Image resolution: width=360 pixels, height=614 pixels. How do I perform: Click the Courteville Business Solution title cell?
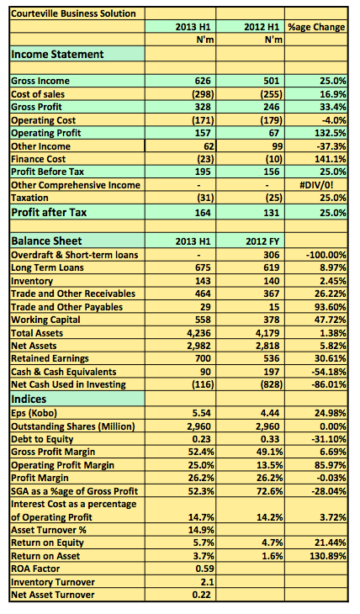tap(73, 13)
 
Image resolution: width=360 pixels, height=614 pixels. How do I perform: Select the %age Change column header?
tap(316, 27)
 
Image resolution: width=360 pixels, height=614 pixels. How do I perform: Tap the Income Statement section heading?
tap(57, 54)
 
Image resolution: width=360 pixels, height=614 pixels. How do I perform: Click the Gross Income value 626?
tap(203, 81)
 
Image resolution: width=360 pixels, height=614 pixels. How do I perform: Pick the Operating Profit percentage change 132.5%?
tap(331, 133)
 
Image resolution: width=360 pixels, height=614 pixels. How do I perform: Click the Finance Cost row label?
tap(39, 159)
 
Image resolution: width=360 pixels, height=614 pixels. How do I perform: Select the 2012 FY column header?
tap(262, 241)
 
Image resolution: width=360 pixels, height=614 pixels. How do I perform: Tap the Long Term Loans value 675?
tap(203, 267)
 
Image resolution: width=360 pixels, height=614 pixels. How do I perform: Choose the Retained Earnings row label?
tap(50, 358)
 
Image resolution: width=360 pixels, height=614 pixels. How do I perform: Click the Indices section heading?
tap(29, 399)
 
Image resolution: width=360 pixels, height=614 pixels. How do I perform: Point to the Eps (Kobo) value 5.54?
tap(202, 413)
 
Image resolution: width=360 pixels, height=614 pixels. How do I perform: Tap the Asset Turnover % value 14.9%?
tap(201, 530)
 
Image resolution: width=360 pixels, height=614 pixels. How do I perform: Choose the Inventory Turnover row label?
tap(53, 582)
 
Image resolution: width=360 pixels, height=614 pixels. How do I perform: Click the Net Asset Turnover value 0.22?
tap(202, 595)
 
